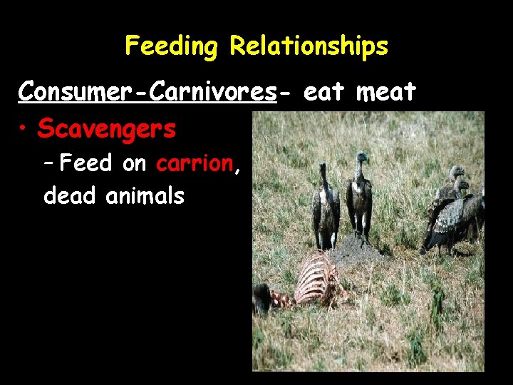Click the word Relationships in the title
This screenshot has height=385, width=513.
(309, 47)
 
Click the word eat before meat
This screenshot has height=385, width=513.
(323, 92)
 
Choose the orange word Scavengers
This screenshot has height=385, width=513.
(107, 129)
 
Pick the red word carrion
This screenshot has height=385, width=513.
(195, 164)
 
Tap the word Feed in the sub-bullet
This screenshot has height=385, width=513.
(86, 164)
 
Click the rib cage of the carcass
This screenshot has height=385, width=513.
(318, 281)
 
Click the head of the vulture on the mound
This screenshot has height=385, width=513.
(363, 158)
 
